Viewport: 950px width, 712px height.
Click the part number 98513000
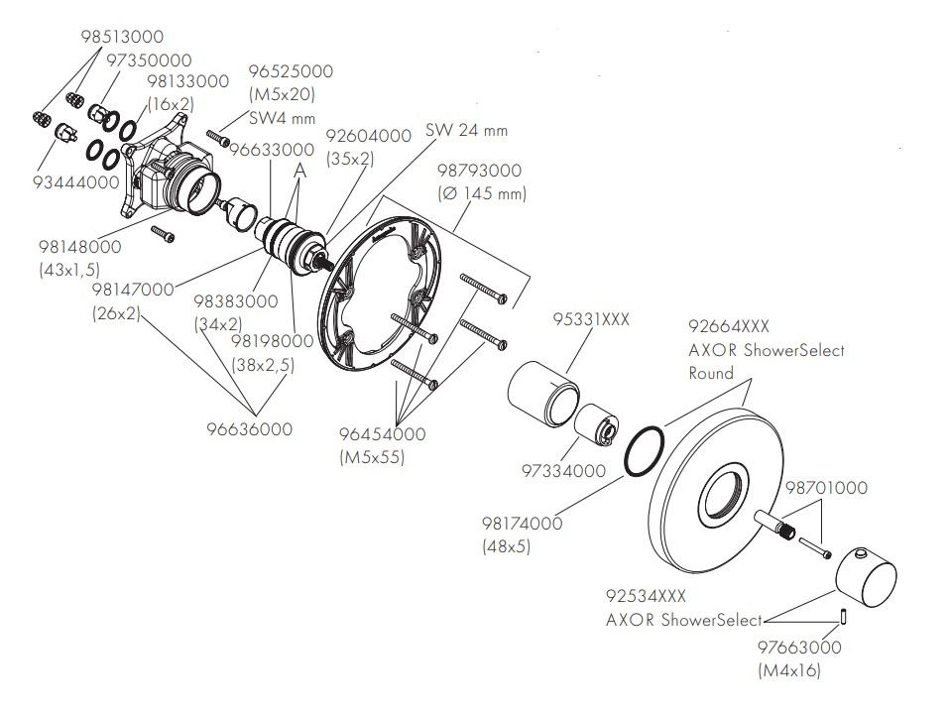pyautogui.click(x=123, y=39)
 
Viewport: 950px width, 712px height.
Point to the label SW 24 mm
pyautogui.click(x=466, y=130)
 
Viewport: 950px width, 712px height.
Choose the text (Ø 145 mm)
pyautogui.click(x=483, y=193)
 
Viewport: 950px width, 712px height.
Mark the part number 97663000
pyautogui.click(x=798, y=648)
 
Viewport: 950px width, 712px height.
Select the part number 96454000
pyautogui.click(x=383, y=434)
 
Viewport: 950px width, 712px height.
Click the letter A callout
pyautogui.click(x=299, y=171)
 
